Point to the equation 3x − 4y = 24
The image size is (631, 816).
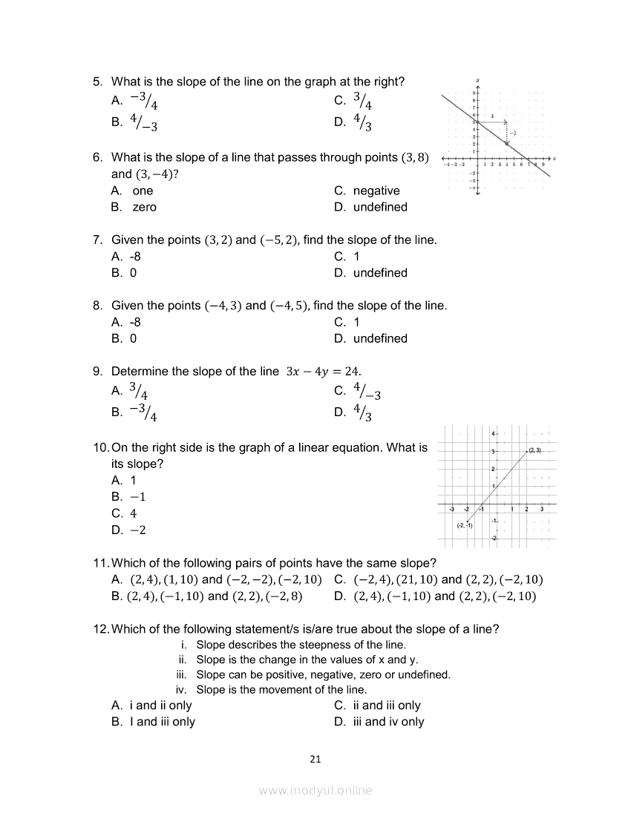tap(323, 371)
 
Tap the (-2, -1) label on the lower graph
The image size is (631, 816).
tap(465, 525)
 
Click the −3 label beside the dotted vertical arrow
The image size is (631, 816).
tap(512, 133)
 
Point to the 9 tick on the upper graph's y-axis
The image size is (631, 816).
tap(473, 93)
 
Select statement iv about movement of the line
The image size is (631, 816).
tap(281, 690)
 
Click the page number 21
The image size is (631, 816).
tap(315, 758)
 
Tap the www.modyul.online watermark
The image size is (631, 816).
tap(315, 790)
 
